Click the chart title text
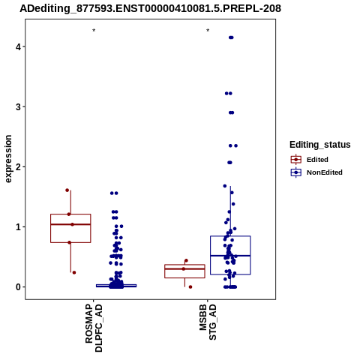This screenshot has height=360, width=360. coord(150,8)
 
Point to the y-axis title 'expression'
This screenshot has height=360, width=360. coord(8,159)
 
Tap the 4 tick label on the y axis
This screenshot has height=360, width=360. coord(18,46)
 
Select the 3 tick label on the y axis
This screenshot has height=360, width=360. coord(18,106)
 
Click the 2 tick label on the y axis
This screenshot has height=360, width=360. coord(18,166)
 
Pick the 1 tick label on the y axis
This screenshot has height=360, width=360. coord(18,227)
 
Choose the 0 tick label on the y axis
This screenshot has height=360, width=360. coord(18,287)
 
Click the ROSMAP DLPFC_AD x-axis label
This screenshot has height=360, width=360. coord(94,328)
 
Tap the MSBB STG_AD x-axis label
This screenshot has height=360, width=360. coord(208,322)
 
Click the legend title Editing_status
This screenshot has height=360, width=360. coord(320,145)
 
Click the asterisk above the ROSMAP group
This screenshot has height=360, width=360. coord(94,31)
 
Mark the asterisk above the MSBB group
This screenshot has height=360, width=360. coord(208,31)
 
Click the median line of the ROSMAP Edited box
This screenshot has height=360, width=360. coord(70,224)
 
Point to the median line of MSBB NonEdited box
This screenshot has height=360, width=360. coord(230,256)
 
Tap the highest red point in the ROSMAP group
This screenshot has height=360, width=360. coord(67,190)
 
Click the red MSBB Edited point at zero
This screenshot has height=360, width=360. coord(190,287)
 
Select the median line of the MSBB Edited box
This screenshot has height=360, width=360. coord(184,268)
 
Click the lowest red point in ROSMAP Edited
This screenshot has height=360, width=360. coord(74,272)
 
